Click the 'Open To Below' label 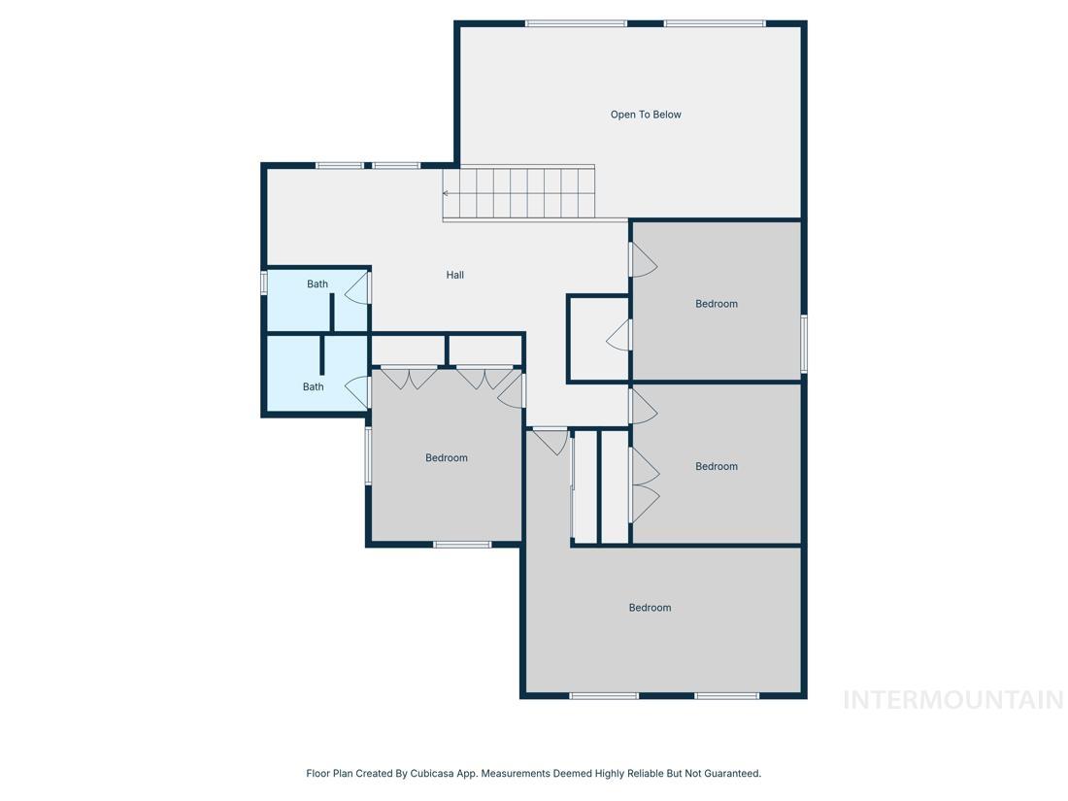tap(646, 115)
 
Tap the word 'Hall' tap(455, 275)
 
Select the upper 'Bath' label tap(317, 284)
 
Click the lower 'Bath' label tap(314, 386)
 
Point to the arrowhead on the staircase tap(446, 193)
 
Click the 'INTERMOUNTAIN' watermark tap(953, 700)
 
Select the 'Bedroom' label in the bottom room tap(650, 608)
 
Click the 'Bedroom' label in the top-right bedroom tap(717, 304)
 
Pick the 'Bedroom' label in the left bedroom tap(447, 457)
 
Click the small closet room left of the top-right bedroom tap(598, 339)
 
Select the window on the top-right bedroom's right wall tap(804, 344)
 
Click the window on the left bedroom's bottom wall tap(462, 545)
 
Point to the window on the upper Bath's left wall tap(263, 284)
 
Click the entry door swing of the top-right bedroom tap(643, 260)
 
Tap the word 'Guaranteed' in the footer tap(734, 774)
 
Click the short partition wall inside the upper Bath tap(332, 313)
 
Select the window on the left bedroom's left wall tap(368, 455)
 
